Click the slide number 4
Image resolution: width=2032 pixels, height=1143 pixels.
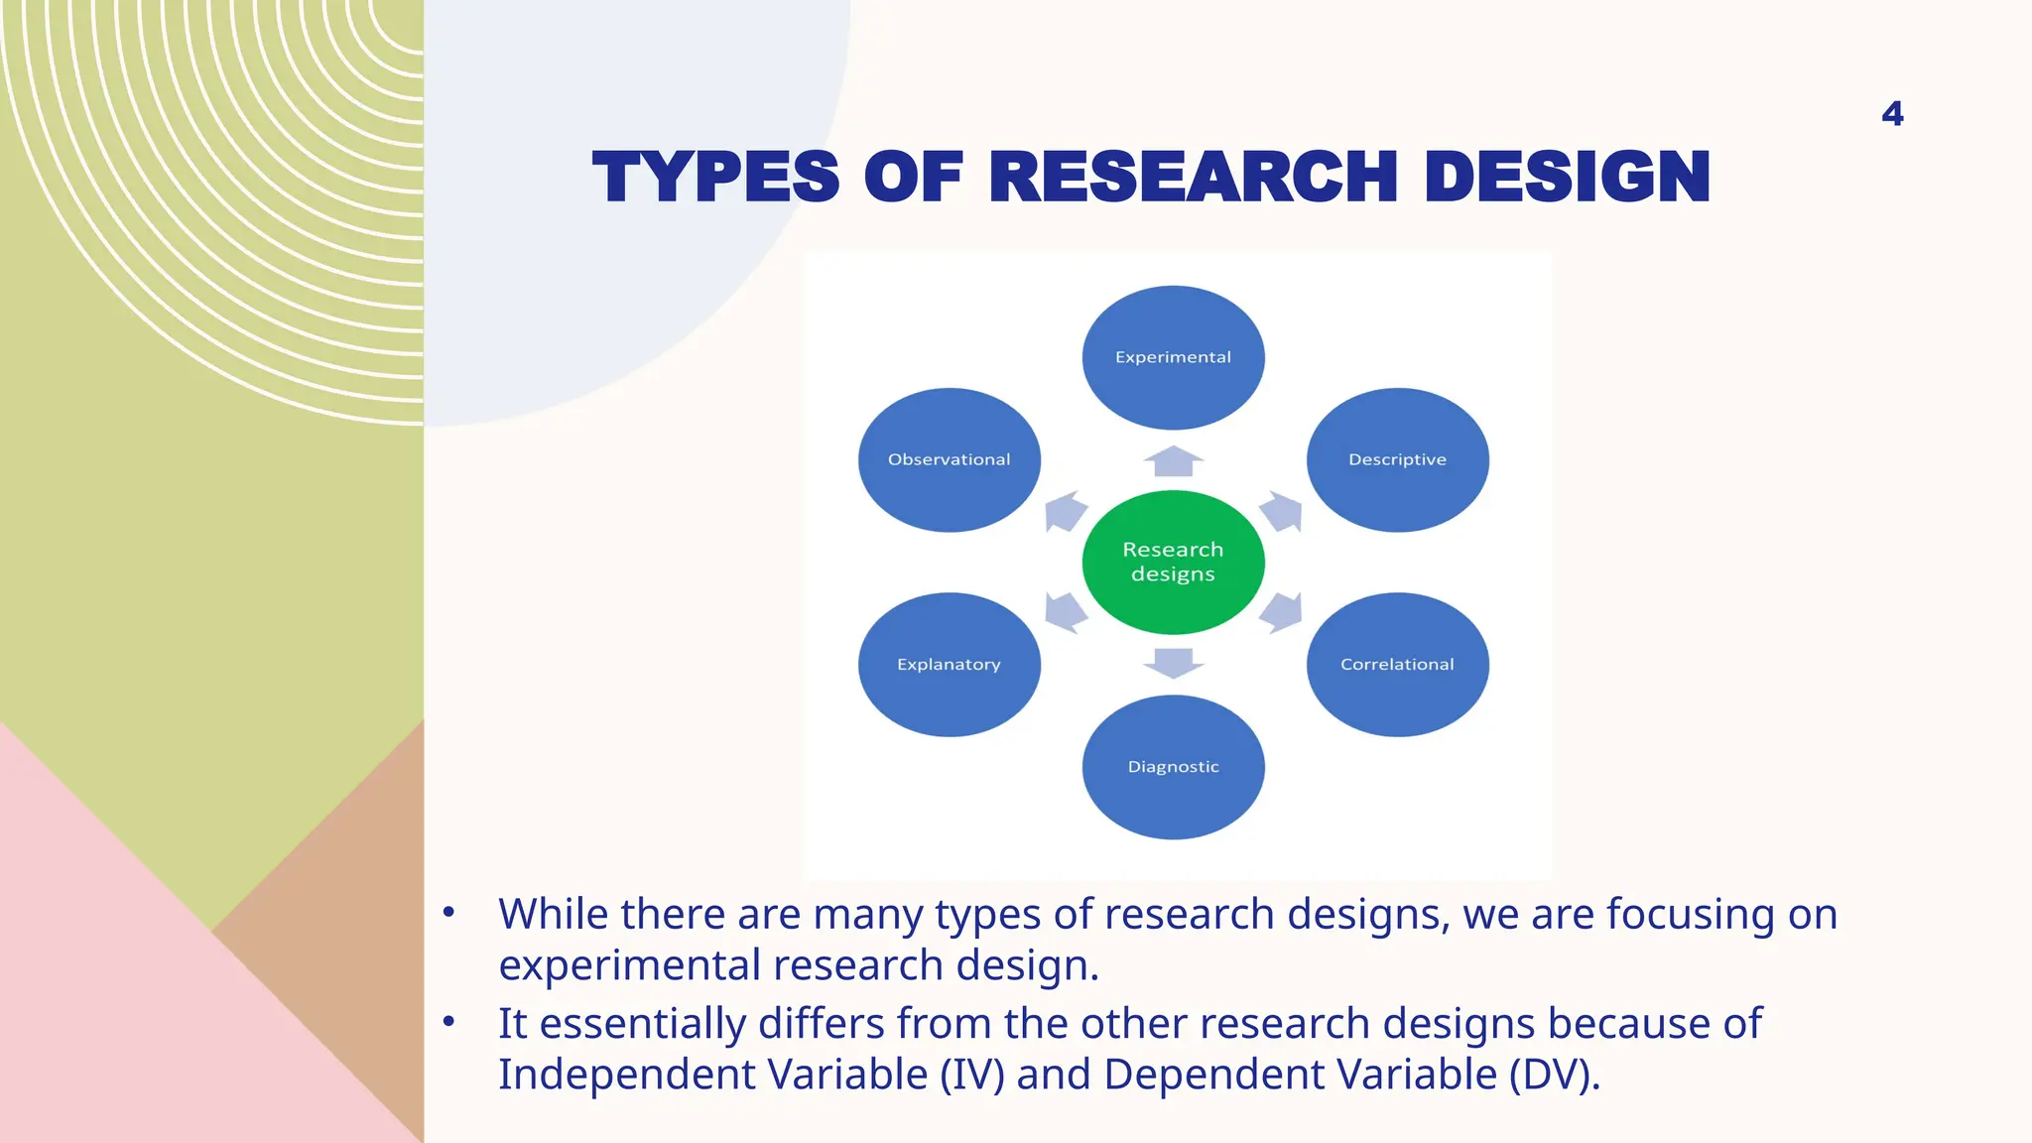(1892, 114)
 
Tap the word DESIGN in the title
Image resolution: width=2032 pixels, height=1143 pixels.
(1567, 178)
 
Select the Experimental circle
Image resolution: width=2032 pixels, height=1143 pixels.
(1173, 357)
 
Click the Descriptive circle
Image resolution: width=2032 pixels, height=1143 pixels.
(1397, 459)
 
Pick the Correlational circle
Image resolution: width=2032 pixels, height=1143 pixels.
(1397, 664)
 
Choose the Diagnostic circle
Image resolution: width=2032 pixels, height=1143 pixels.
(1173, 767)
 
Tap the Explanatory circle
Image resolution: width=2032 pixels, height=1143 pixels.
(949, 664)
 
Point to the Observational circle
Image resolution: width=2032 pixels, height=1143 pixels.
(949, 459)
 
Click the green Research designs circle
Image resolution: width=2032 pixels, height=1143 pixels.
(1173, 562)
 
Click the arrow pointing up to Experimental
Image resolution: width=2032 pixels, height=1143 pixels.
(1173, 461)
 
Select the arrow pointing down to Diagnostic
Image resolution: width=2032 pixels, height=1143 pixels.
(1173, 663)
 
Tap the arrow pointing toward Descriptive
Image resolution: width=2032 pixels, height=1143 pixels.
(1281, 512)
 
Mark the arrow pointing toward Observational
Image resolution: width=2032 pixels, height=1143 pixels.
(1066, 512)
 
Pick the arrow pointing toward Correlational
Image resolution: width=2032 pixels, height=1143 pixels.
(1281, 612)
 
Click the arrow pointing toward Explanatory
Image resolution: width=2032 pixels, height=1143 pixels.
(1066, 612)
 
